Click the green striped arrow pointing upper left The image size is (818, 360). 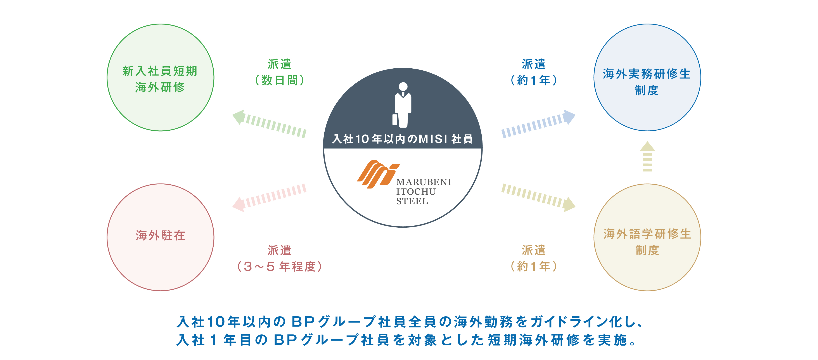pyautogui.click(x=269, y=124)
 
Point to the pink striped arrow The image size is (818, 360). pyautogui.click(x=269, y=197)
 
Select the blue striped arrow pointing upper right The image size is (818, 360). pyautogui.click(x=539, y=124)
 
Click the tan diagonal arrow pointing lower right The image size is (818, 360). pyautogui.click(x=539, y=197)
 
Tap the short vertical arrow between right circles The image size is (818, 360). pyautogui.click(x=647, y=156)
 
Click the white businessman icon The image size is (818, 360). pyautogui.click(x=402, y=105)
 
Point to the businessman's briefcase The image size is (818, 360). pyautogui.click(x=395, y=119)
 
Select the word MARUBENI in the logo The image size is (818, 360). pyautogui.click(x=424, y=182)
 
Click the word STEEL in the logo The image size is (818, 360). pyautogui.click(x=412, y=201)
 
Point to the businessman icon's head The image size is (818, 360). pyautogui.click(x=403, y=86)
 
